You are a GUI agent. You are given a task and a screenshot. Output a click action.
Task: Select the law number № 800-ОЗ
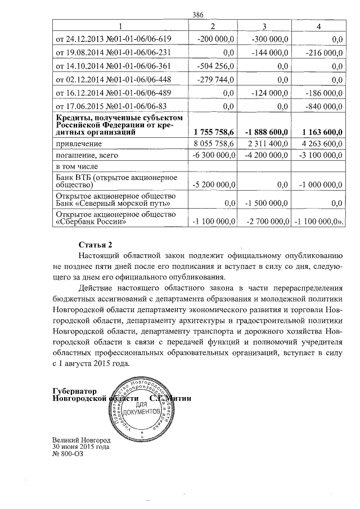[x=67, y=453]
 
